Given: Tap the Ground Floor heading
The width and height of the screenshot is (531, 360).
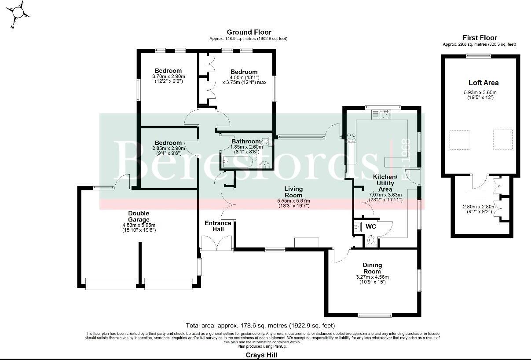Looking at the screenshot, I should pos(249,32).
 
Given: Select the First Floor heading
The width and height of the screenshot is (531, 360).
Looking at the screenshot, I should pos(480,38).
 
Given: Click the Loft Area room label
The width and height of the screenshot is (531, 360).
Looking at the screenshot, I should pos(483,83).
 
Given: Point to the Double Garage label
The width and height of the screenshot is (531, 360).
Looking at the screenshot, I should pos(139,217).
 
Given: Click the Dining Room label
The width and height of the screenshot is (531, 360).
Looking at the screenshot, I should pos(372,268).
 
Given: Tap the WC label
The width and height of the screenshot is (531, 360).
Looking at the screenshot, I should pos(370,227).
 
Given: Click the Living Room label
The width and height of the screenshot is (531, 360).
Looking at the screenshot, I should pos(293,192).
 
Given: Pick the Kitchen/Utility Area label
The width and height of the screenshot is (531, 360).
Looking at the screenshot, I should pos(385,182).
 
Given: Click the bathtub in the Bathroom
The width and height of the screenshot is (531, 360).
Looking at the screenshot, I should pos(238,163).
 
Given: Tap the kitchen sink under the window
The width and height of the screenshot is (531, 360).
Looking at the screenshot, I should pos(381,115).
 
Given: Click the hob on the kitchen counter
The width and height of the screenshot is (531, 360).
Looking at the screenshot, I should pos(352,137).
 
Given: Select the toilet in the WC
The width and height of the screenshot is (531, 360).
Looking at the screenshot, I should pos(371,240).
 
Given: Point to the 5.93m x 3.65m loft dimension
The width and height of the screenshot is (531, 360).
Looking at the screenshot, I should pos(483,92).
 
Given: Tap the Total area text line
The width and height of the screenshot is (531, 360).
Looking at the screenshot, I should pos(260,326).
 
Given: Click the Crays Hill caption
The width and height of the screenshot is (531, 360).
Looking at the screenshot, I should pos(261,355).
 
